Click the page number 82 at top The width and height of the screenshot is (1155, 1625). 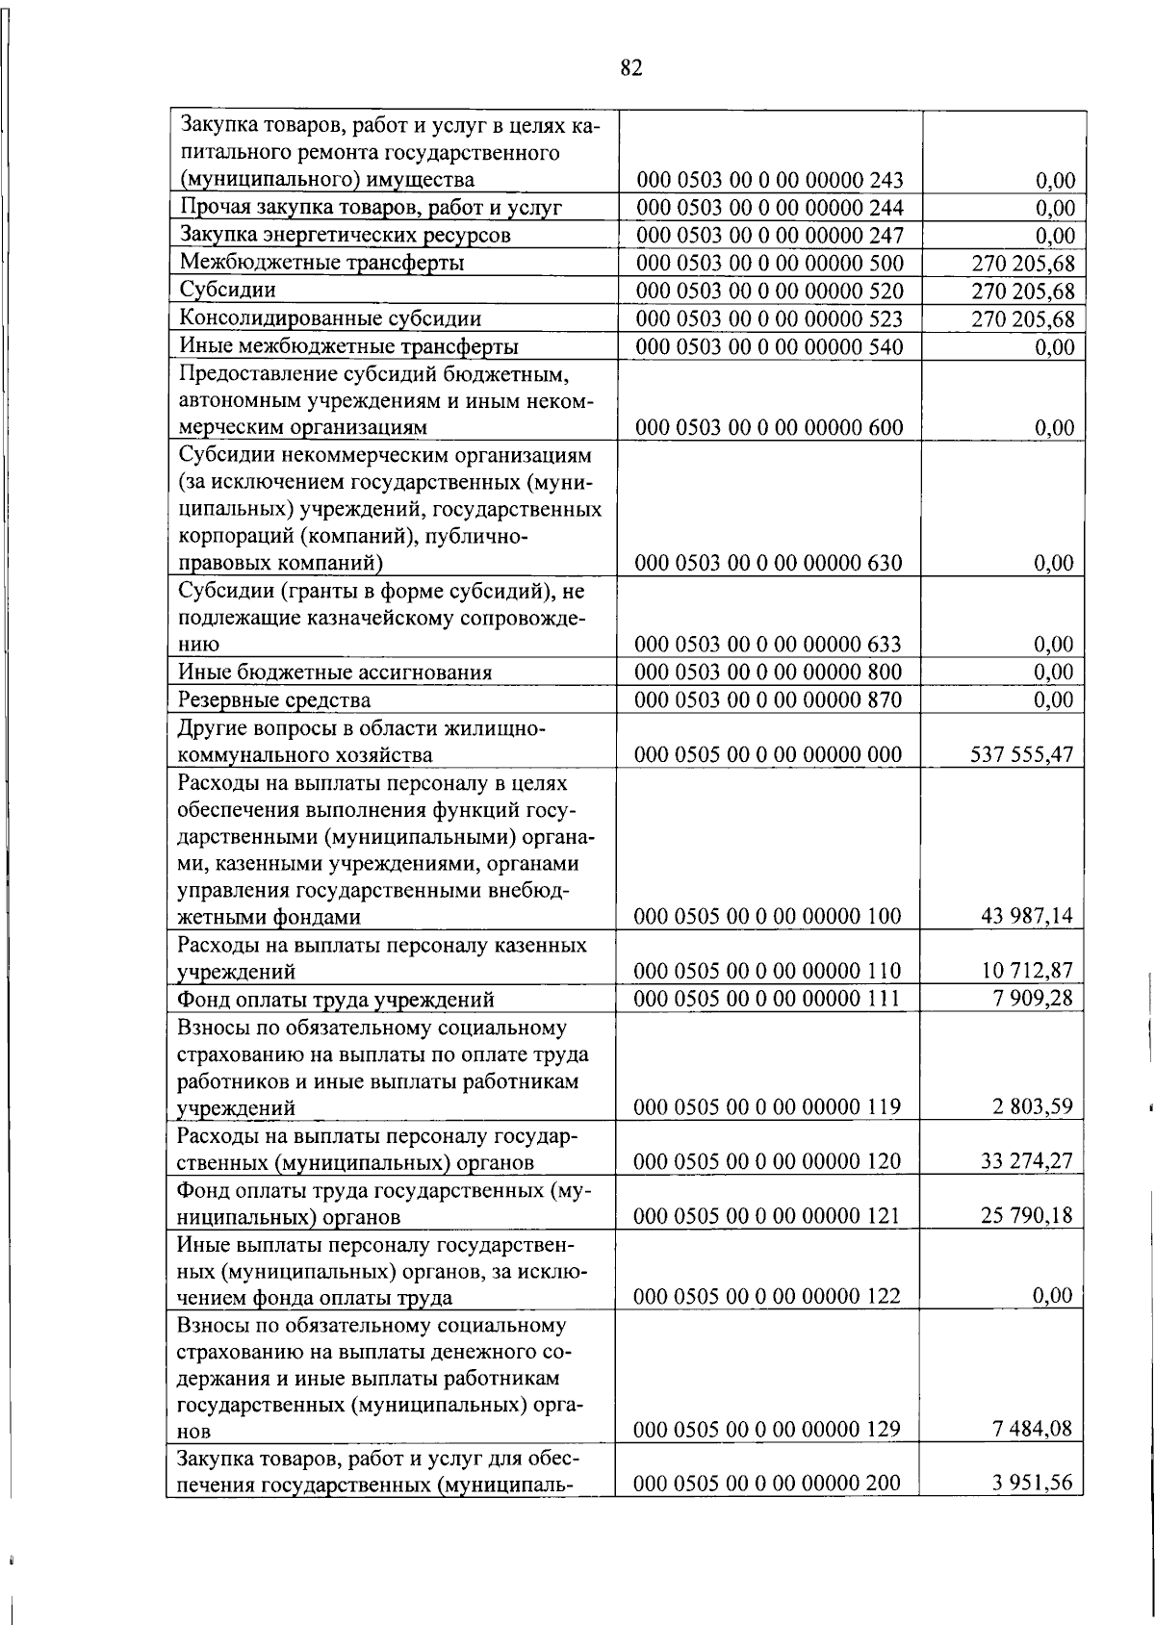[x=631, y=67]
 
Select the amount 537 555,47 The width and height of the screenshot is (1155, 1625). [x=1021, y=754]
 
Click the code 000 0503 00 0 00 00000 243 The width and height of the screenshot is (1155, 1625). [x=769, y=180]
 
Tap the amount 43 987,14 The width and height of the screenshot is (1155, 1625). [x=1026, y=916]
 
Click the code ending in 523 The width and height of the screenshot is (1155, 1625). [x=769, y=318]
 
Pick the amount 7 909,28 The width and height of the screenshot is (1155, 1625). [x=1032, y=998]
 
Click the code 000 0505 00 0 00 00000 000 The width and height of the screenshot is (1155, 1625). [x=769, y=754]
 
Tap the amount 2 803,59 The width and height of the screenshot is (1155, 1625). [x=1032, y=1106]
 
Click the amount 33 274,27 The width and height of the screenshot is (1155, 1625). [x=1026, y=1161]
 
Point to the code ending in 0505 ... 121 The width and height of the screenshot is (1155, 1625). [x=769, y=1215]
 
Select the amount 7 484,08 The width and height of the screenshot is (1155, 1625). [x=1032, y=1429]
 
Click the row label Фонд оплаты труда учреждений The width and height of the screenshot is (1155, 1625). [x=336, y=998]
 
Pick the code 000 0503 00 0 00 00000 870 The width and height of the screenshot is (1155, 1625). [x=769, y=699]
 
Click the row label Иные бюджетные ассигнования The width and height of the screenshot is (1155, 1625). [x=336, y=672]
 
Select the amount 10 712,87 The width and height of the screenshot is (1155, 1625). [x=1026, y=970]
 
